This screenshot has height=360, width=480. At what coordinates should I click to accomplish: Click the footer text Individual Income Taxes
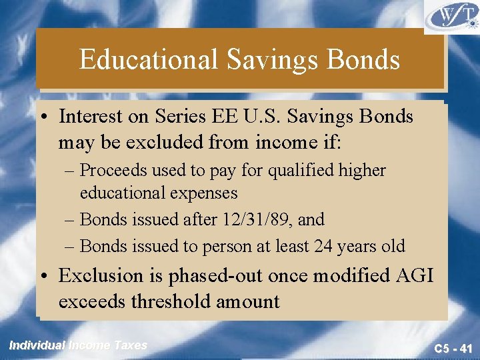(78, 345)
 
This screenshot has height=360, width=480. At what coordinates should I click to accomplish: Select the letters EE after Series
(216, 117)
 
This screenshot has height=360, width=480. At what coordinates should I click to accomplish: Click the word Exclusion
(101, 275)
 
